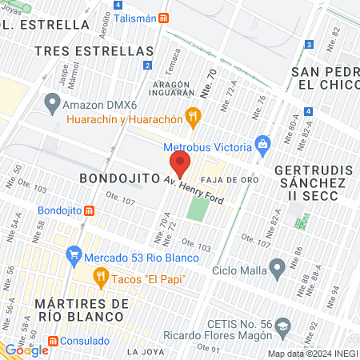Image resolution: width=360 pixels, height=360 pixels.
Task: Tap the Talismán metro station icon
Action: (164, 18)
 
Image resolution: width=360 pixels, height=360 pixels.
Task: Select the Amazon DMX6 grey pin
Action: (53, 102)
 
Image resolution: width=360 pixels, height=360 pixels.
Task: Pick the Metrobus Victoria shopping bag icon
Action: (261, 146)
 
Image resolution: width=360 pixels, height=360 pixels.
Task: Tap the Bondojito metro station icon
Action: (90, 210)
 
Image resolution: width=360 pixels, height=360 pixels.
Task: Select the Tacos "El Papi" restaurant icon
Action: (100, 278)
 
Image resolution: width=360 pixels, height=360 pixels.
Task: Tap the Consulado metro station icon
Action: (53, 340)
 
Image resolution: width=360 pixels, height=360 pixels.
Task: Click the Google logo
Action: (26, 350)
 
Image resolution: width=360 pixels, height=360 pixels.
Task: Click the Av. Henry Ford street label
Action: (194, 189)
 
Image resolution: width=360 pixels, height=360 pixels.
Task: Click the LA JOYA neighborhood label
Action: (145, 351)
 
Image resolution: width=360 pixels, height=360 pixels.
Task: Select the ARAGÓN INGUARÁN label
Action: (170, 89)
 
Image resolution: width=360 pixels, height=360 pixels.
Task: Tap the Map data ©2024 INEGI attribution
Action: (313, 354)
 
